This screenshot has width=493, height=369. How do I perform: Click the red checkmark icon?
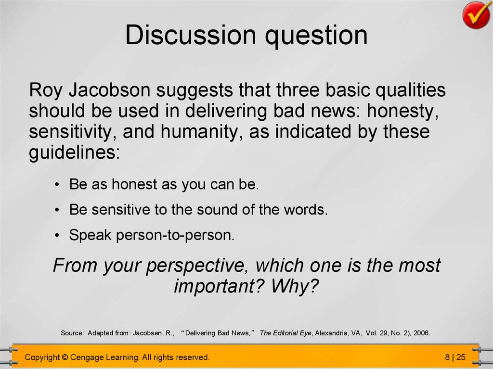point(477,15)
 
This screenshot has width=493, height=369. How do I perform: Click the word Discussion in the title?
point(191,35)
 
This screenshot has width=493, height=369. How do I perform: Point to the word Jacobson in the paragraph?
point(109,90)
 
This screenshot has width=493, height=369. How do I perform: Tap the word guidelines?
point(75,153)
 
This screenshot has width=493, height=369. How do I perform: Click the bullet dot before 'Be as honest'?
point(57,185)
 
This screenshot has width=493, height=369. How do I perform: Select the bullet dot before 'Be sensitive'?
point(57,210)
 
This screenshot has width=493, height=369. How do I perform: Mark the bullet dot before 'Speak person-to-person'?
point(57,235)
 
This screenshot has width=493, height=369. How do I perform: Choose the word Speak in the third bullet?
point(90,235)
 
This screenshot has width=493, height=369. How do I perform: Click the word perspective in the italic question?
point(195,266)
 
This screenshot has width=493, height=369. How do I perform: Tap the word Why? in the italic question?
point(295,286)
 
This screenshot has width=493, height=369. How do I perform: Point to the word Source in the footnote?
point(72,333)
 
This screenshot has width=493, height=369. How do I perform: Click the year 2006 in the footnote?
point(422,333)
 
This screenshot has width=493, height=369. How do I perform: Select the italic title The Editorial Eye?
point(285,333)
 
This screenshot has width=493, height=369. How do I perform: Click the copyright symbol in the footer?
point(65,357)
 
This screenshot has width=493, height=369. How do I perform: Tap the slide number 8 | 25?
point(455,357)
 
